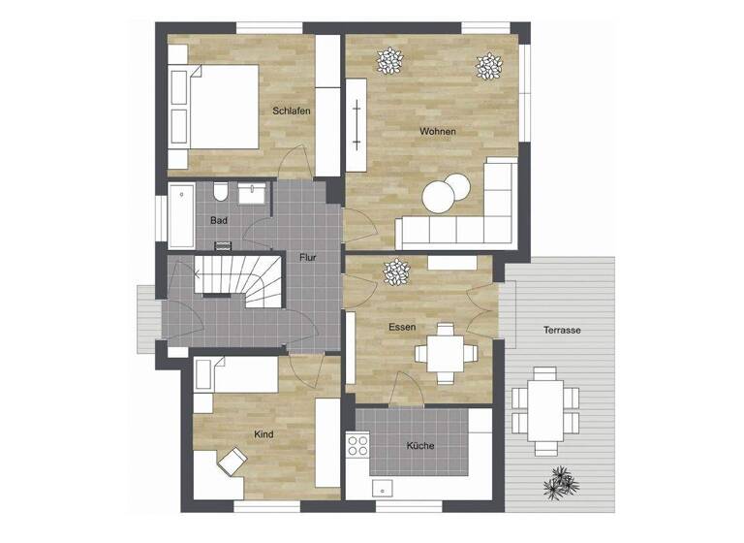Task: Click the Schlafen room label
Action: tap(292, 112)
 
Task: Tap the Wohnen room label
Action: tap(437, 131)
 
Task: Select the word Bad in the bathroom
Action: tap(219, 220)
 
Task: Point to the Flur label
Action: tap(307, 257)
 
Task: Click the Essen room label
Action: tap(402, 328)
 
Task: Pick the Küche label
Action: tap(420, 446)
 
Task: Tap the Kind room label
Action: tap(263, 434)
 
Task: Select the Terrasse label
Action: tap(562, 331)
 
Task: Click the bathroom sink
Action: tap(256, 192)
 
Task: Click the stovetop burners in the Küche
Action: tap(357, 446)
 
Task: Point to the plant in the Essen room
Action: tap(396, 272)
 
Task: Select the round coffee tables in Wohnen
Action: tap(444, 194)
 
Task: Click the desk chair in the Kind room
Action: tap(233, 461)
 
